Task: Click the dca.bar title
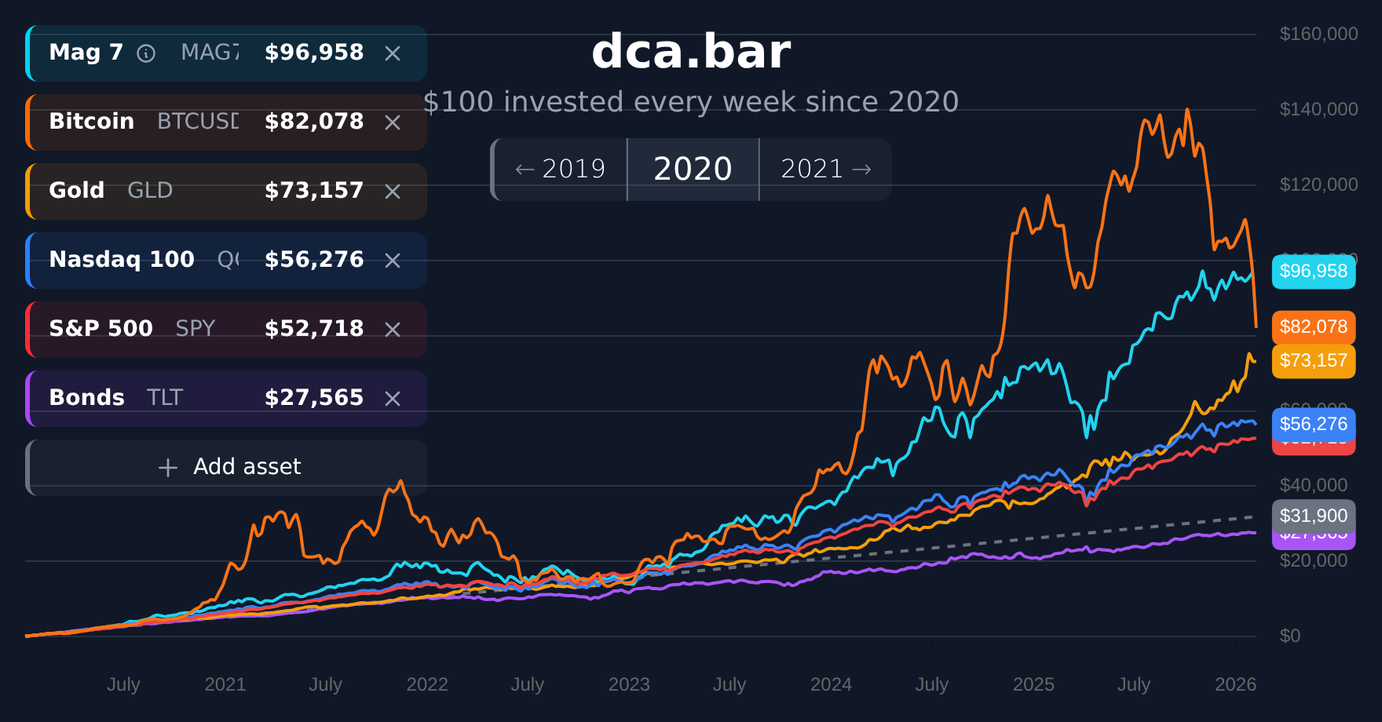point(691,52)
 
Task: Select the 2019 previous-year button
point(560,170)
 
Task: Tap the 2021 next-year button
point(825,170)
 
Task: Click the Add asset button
point(228,467)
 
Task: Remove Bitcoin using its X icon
point(393,122)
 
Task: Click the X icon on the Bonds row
point(393,399)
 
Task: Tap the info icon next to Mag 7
point(146,53)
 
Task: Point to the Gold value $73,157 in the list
point(314,191)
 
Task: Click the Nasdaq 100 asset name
point(122,260)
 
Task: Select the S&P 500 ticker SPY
point(195,329)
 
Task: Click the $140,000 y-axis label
point(1318,109)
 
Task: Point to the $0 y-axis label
point(1290,636)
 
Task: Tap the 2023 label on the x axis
point(629,684)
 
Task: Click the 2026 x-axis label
point(1235,684)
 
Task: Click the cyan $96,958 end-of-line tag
point(1314,272)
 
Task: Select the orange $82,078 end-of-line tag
point(1314,326)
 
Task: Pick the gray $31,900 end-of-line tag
point(1314,516)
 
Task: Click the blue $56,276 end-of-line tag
point(1314,424)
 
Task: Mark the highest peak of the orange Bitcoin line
point(1187,110)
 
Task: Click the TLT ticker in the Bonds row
point(165,398)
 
